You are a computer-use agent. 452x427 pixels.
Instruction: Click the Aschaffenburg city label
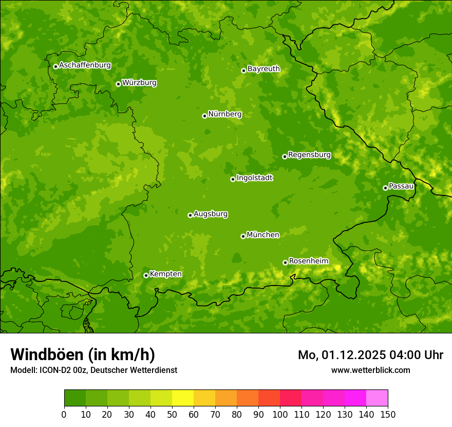tap(85, 65)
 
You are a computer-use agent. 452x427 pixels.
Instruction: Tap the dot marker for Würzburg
tap(118, 84)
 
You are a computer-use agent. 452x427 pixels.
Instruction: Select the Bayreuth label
tap(263, 68)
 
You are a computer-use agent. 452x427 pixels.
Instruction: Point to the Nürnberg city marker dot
tap(204, 116)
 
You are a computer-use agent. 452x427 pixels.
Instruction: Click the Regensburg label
tap(309, 154)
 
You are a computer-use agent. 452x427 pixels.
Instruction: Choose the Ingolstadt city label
tap(254, 177)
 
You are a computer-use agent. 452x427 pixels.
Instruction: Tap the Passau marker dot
tap(385, 188)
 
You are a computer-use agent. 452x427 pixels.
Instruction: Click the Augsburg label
tap(211, 213)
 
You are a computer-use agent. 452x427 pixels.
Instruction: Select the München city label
tap(263, 235)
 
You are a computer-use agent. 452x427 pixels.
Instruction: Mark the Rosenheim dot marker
tap(285, 262)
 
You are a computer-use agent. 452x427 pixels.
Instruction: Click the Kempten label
tap(165, 274)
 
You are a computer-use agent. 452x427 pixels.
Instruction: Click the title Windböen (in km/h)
tap(83, 354)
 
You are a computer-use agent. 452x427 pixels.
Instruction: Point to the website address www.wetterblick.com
tap(370, 370)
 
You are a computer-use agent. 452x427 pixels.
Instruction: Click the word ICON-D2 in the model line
tap(53, 370)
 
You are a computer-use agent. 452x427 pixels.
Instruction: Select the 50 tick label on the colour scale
tap(172, 414)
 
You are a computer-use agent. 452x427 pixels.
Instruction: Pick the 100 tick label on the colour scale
tap(280, 414)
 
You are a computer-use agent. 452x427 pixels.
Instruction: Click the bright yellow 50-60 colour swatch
tap(182, 398)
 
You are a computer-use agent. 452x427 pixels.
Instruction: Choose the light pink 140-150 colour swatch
tap(376, 398)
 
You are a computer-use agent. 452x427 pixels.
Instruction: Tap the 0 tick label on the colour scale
tap(64, 414)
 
